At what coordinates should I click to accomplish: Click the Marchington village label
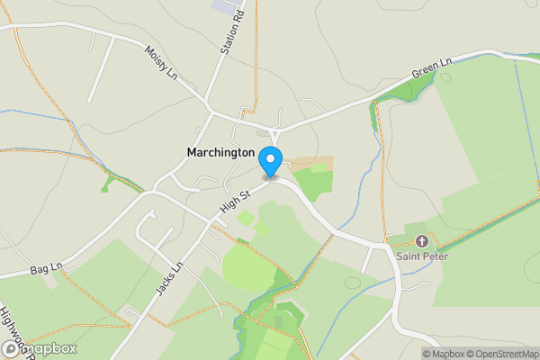(220, 153)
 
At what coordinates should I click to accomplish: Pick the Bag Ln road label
(44, 269)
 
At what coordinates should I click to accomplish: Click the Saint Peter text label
(422, 256)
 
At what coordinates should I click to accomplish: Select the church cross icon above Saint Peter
(421, 241)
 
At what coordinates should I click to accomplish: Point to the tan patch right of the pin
(311, 164)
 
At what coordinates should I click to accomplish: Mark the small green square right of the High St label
(246, 218)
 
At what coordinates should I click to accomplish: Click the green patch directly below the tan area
(312, 184)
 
